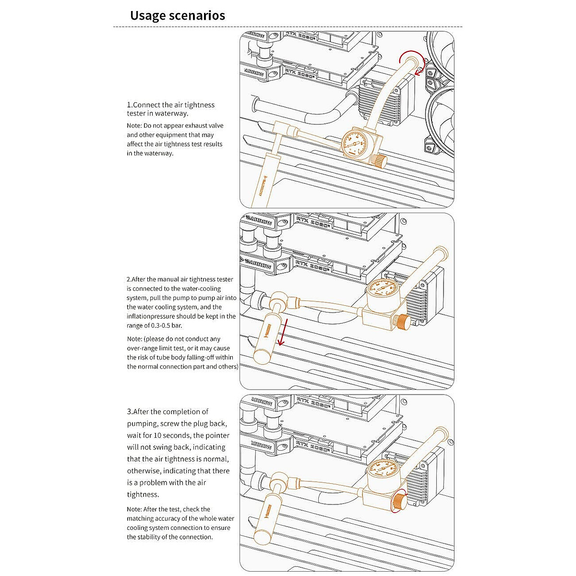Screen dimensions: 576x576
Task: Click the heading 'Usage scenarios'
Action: tap(177, 15)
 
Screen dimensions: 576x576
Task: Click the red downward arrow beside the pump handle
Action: tap(284, 331)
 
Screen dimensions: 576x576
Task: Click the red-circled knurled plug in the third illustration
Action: tap(398, 502)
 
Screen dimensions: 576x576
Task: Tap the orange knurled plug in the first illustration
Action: tap(380, 161)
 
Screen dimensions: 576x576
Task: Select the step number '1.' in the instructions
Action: tap(130, 105)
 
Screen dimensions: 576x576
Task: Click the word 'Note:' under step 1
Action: tap(134, 126)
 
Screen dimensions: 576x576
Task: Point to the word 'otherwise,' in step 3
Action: tap(144, 471)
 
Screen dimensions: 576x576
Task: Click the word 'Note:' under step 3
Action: tap(134, 509)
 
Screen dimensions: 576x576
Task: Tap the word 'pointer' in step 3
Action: tap(211, 435)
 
